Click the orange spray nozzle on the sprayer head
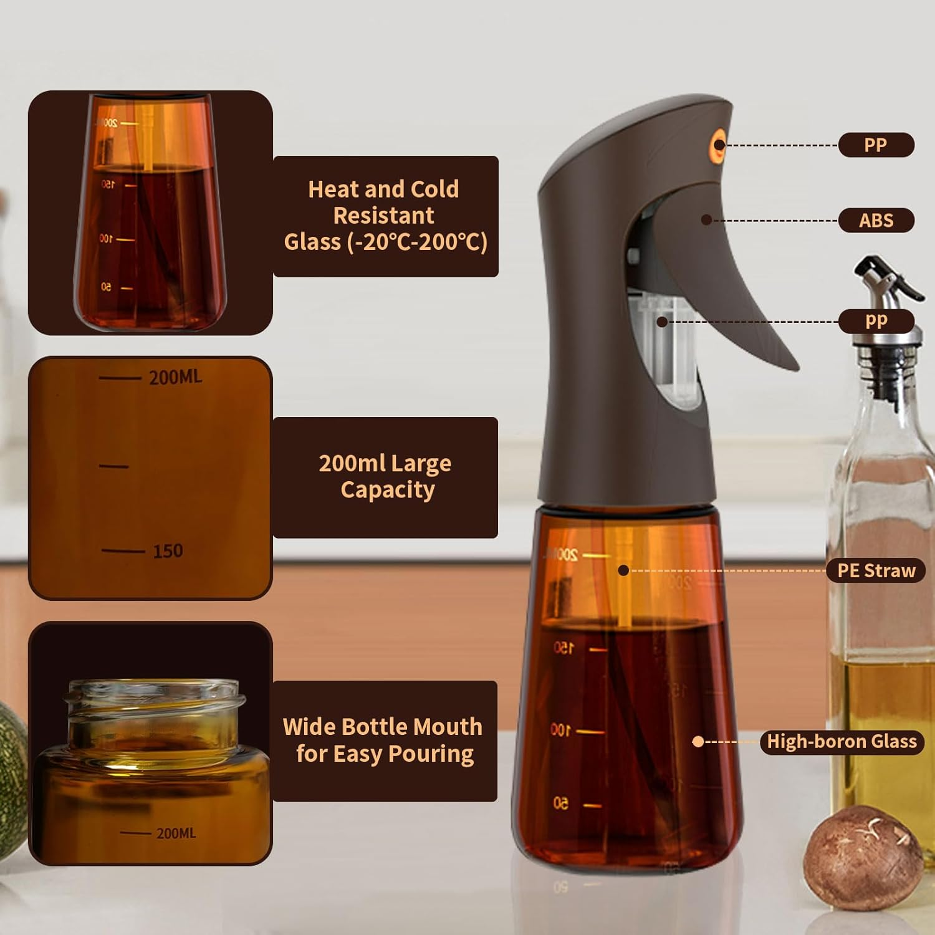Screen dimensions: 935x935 [719, 145]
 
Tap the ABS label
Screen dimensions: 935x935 [876, 220]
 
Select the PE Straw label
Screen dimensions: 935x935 [876, 570]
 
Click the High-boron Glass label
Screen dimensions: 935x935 [841, 741]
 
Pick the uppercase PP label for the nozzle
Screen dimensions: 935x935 [876, 145]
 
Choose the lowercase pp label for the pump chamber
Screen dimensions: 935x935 [876, 321]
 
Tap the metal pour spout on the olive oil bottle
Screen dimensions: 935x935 [885, 293]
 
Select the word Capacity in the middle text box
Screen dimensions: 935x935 [387, 490]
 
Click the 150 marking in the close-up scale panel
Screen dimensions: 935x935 [168, 551]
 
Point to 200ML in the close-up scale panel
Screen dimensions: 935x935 [175, 377]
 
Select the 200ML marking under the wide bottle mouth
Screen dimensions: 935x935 [176, 833]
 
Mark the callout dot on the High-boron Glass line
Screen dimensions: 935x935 [698, 741]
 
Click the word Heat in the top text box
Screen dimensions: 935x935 [333, 189]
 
